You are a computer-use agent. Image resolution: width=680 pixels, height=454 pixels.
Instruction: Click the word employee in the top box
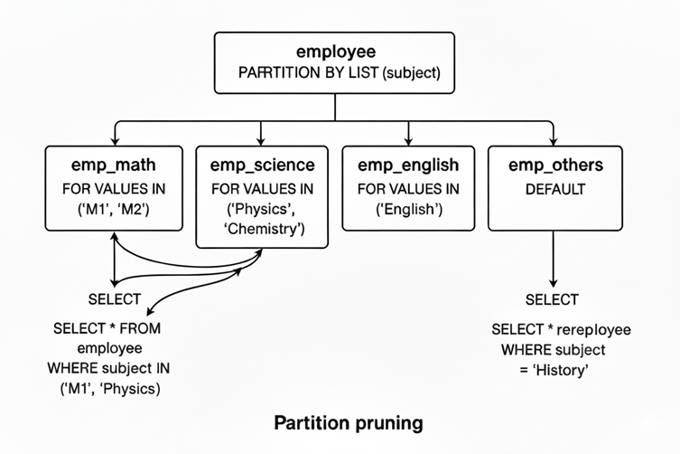click(334, 52)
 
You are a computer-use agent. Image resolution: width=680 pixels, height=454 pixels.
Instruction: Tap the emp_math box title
click(113, 166)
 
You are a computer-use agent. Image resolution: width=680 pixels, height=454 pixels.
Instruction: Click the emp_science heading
click(262, 166)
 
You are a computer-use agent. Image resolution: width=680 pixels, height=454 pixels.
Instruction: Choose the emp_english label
click(408, 166)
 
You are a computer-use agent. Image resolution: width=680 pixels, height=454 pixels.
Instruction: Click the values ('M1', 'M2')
click(113, 211)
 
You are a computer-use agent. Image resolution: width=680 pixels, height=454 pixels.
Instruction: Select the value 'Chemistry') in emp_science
click(262, 230)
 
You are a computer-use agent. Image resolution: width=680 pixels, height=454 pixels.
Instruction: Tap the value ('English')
click(408, 211)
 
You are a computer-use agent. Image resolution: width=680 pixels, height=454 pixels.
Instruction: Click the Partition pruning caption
click(347, 422)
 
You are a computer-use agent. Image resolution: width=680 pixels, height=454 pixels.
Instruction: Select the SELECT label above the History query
click(551, 299)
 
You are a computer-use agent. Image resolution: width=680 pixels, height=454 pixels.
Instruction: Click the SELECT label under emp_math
click(114, 299)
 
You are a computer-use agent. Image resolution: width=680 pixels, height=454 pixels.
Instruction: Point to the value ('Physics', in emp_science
click(262, 210)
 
